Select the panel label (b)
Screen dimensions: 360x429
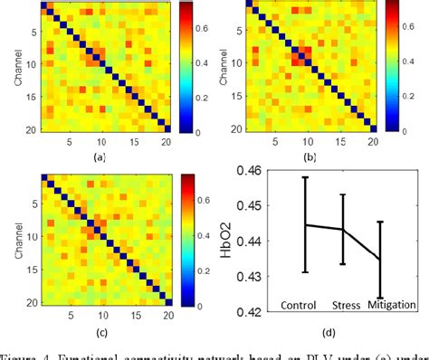[x=310, y=156]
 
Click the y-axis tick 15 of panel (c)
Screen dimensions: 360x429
[x=31, y=269]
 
